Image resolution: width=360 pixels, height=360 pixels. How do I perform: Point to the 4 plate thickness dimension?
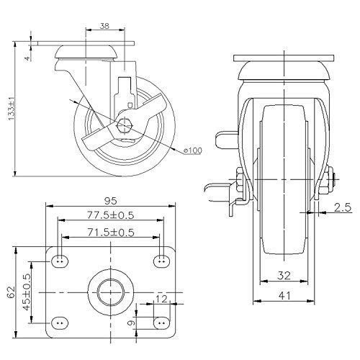coord(26,53)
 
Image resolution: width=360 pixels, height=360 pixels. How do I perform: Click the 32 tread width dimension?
coord(284,274)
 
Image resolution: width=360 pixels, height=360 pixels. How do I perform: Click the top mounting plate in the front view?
coord(285,58)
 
